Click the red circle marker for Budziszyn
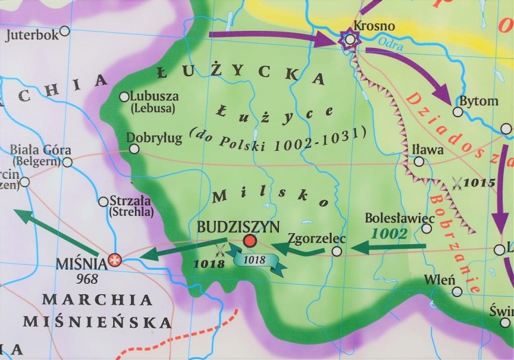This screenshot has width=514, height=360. [250, 241]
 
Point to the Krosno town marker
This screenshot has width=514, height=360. [350, 40]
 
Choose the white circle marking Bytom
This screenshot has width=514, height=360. [457, 112]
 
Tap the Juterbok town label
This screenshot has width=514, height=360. [32, 35]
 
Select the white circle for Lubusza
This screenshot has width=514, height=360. [124, 97]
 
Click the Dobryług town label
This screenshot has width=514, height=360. [154, 138]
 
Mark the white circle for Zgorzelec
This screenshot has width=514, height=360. [336, 252]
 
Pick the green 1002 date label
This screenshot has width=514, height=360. [389, 234]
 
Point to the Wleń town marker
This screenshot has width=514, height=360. [457, 291]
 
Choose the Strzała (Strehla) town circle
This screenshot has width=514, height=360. [103, 202]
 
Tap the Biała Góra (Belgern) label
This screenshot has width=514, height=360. [35, 155]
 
